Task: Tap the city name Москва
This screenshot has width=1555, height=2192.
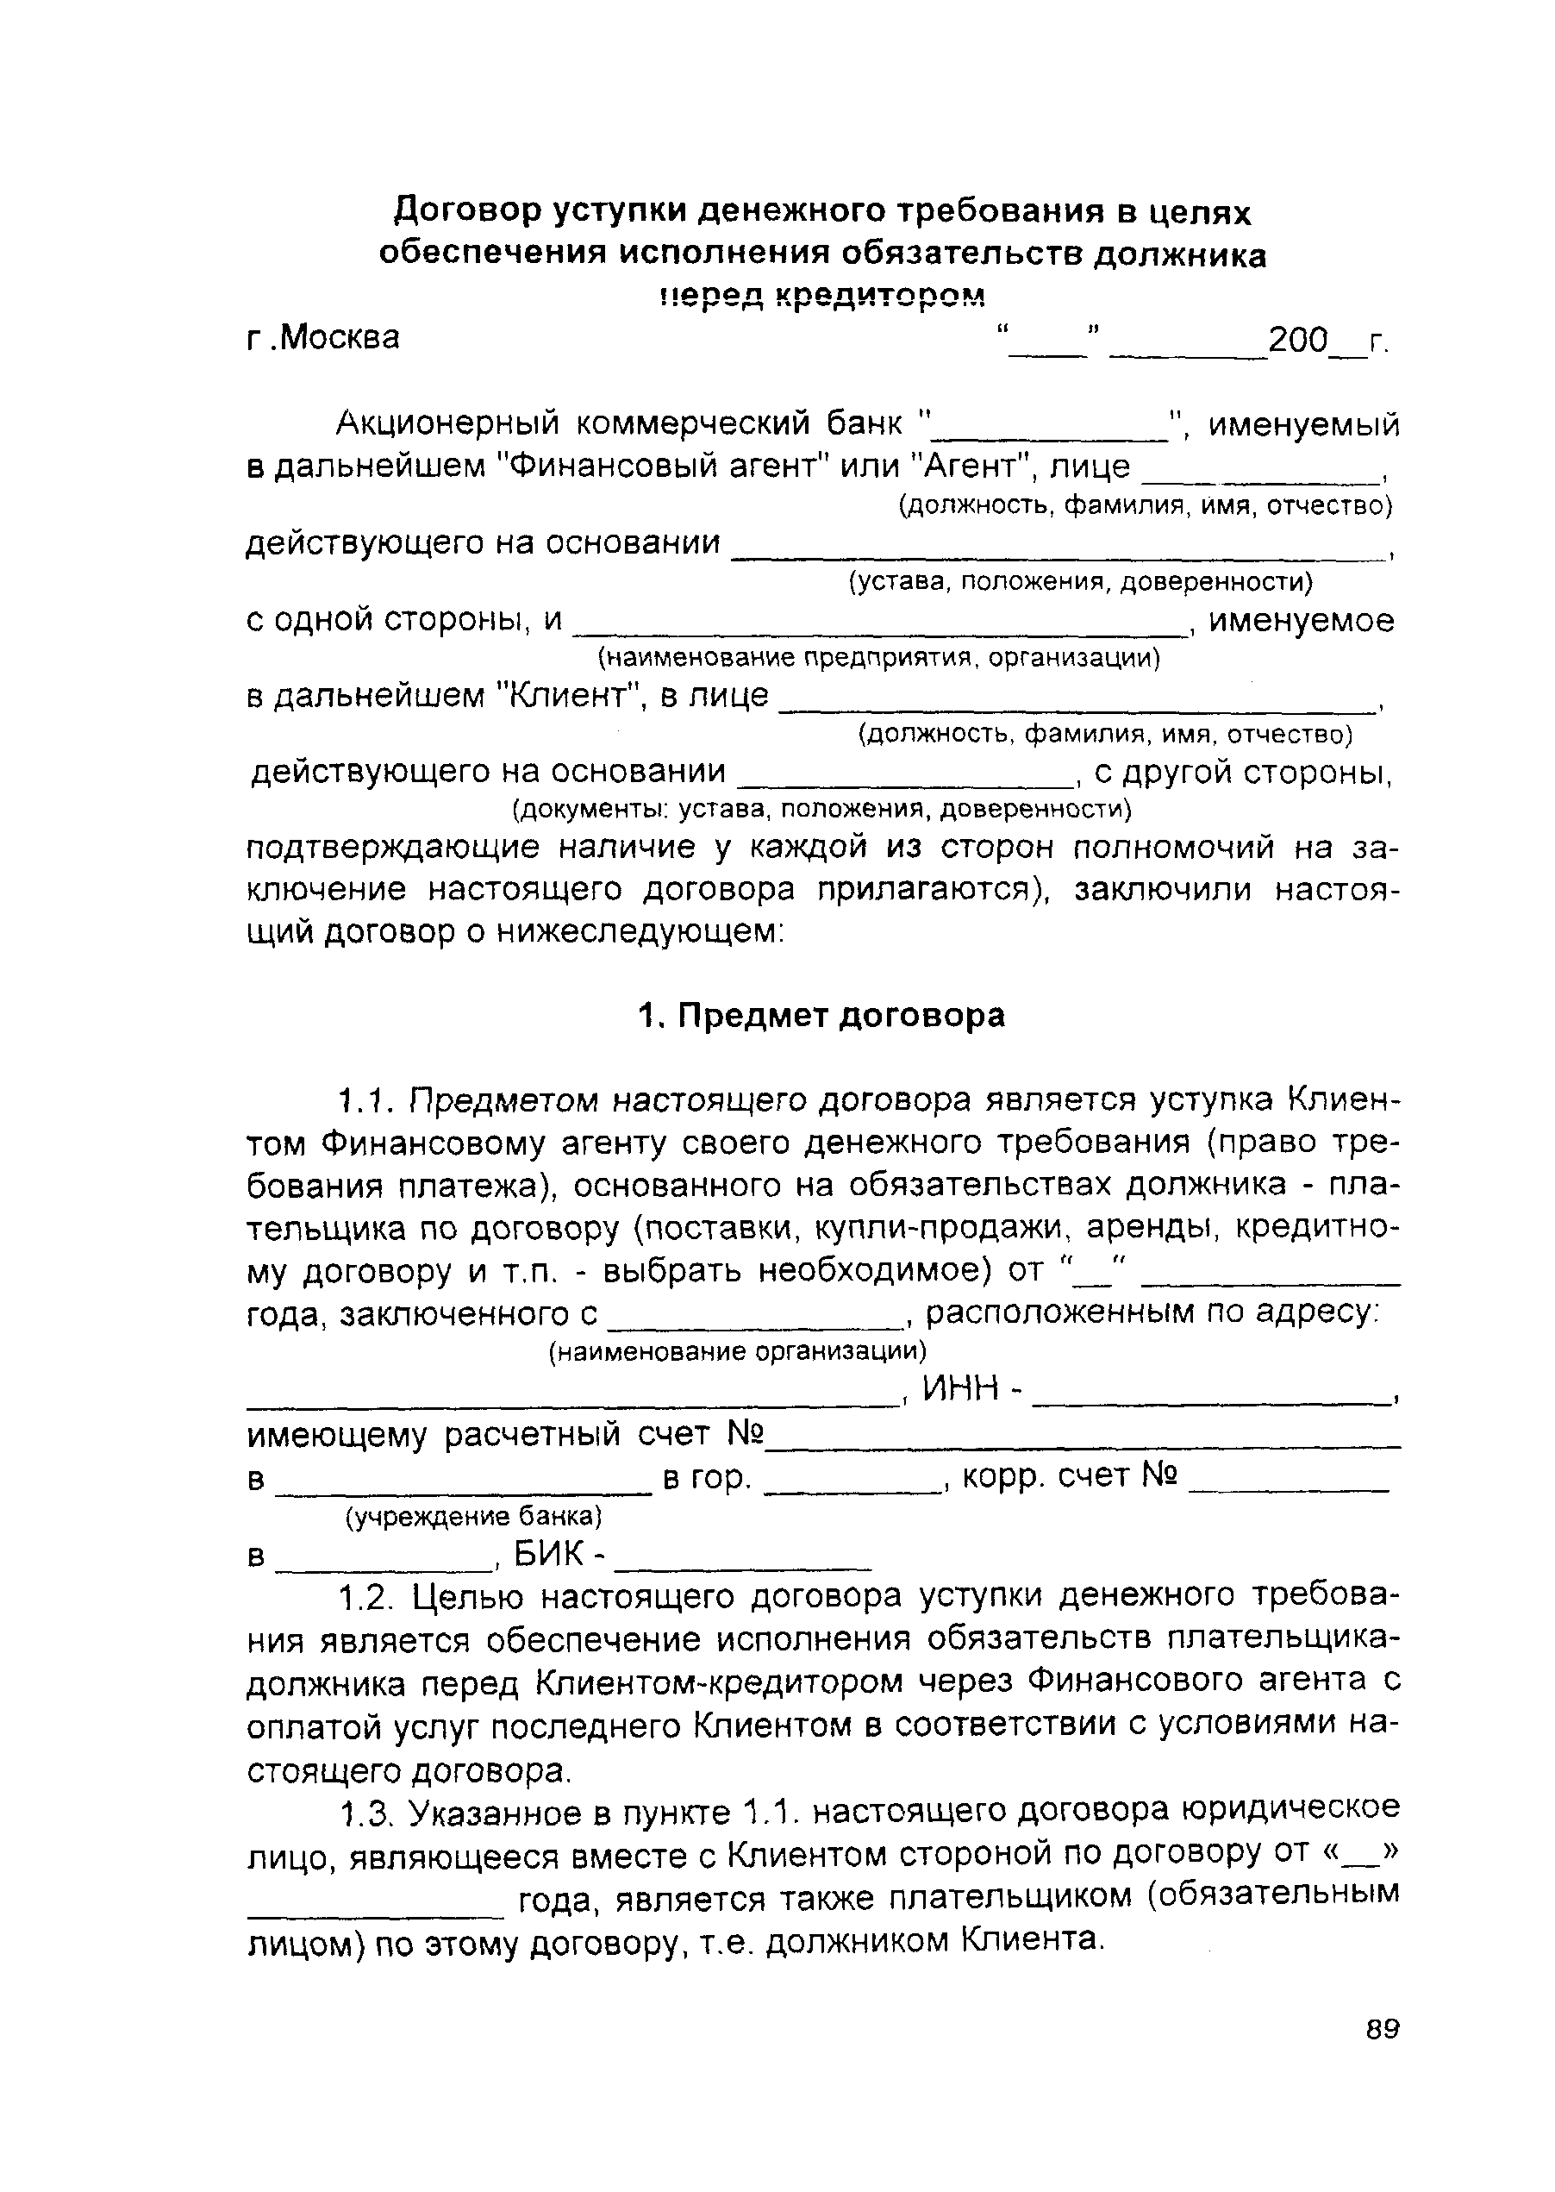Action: point(339,338)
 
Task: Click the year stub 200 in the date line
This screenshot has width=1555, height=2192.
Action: point(1298,340)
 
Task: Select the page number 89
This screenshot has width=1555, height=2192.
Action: point(1383,2056)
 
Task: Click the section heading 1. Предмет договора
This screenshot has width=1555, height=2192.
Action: point(821,1015)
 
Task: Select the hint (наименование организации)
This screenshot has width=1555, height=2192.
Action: point(737,1351)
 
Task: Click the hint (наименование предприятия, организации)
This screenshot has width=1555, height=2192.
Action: point(878,658)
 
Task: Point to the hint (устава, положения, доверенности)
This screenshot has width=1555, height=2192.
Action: point(1080,582)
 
